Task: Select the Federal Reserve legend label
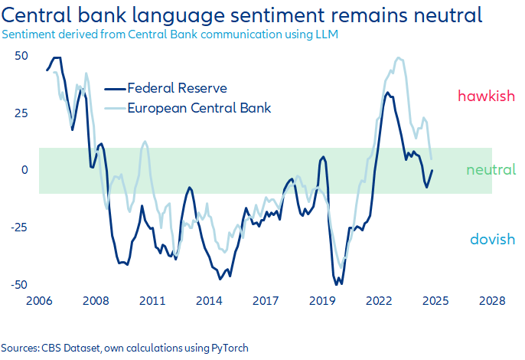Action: coord(177,88)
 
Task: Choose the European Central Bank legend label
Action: coord(200,107)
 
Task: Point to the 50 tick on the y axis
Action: coord(21,56)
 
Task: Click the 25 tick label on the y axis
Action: coord(21,113)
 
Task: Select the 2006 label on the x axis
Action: coord(38,301)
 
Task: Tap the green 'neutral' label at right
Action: coord(491,169)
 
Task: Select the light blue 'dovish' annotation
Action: coord(492,240)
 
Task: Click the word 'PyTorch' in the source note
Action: coord(227,348)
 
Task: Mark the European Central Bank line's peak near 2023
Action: coord(399,58)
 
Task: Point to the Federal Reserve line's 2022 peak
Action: coord(387,93)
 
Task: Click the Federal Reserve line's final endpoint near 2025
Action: coord(432,171)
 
